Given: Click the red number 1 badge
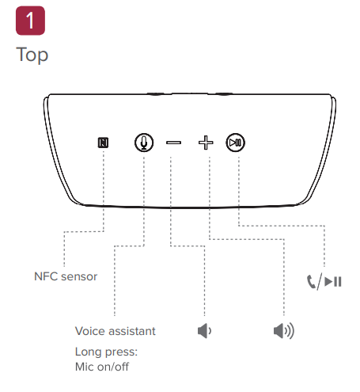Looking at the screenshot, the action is click(30, 21).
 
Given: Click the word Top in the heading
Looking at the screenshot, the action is click(32, 55).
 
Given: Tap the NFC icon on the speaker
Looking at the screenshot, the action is click(103, 143).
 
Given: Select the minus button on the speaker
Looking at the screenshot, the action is click(173, 143).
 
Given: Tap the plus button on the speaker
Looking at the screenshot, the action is click(206, 143).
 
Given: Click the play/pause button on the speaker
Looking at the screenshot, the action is click(235, 143).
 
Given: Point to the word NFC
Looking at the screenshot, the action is click(46, 276).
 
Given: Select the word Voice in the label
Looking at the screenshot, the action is click(89, 331).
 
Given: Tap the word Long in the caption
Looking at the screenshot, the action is click(89, 352).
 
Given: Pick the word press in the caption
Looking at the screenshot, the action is click(121, 352).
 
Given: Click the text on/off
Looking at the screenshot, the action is click(113, 367).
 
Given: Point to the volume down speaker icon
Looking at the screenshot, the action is click(204, 331).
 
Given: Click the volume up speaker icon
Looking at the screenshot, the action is click(284, 331).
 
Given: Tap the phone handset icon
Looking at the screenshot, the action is click(311, 282).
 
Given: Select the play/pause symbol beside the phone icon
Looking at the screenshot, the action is click(333, 282).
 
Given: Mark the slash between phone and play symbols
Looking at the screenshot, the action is click(320, 282).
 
